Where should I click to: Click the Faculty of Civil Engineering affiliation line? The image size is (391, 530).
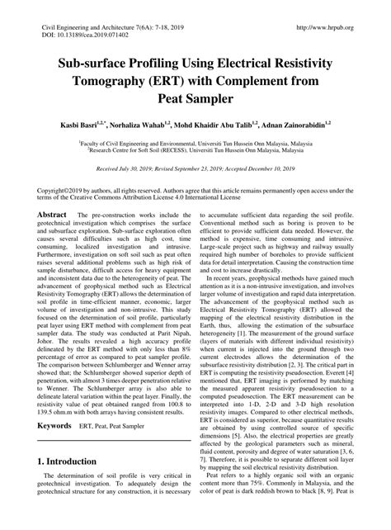click(x=196, y=143)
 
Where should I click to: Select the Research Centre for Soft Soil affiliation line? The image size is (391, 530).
click(x=196, y=150)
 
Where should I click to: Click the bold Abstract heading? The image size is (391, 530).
click(x=53, y=213)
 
